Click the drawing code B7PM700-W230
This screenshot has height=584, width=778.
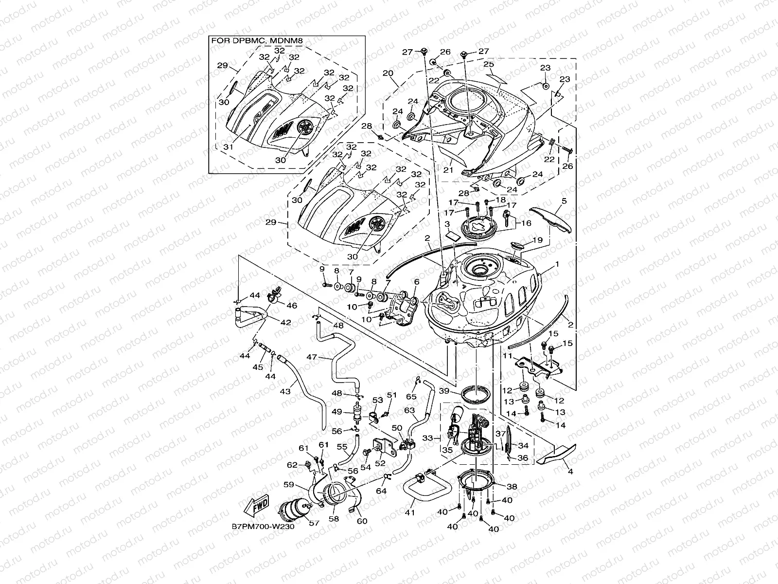click(x=263, y=527)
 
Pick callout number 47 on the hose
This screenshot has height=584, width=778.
click(x=312, y=357)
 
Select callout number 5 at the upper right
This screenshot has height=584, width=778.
click(x=565, y=201)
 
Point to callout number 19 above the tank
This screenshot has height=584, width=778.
click(x=537, y=240)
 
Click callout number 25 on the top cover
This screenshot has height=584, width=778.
click(x=489, y=64)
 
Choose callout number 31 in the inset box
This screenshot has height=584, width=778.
click(x=228, y=146)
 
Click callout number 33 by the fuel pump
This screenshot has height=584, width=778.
click(x=428, y=438)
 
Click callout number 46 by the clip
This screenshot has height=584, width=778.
click(x=292, y=306)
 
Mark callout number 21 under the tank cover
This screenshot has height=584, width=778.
click(x=448, y=170)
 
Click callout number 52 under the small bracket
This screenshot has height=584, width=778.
click(x=381, y=464)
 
